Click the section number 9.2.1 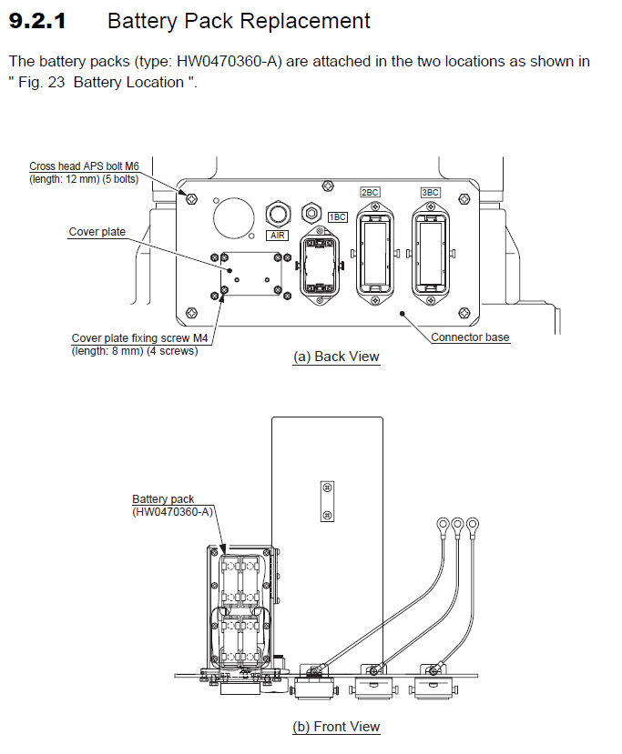(x=37, y=21)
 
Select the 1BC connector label (x=338, y=217)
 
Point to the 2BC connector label (x=370, y=193)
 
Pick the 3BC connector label (x=430, y=193)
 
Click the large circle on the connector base (x=231, y=217)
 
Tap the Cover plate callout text (x=97, y=232)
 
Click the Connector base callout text (x=470, y=337)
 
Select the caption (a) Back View (x=335, y=357)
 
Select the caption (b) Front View (x=335, y=727)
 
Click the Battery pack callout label (x=163, y=499)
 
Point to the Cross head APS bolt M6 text (x=84, y=166)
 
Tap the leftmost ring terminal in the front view (x=442, y=524)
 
